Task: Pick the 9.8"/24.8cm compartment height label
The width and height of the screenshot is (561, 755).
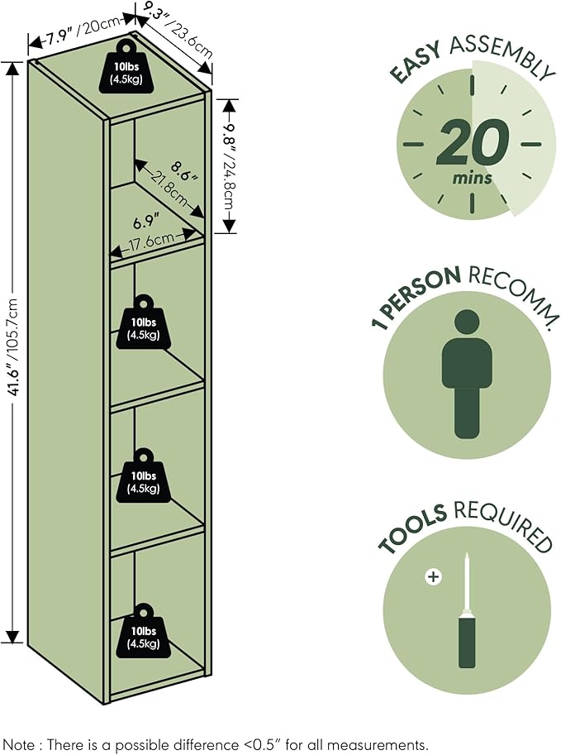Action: click(230, 165)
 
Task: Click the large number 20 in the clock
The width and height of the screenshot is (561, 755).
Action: click(472, 142)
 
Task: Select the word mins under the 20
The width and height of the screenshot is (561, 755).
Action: click(472, 178)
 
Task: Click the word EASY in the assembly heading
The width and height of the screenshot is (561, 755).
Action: click(416, 62)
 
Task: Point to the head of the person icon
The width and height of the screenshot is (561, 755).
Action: click(467, 323)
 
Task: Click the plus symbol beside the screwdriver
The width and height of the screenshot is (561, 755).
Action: click(434, 576)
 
